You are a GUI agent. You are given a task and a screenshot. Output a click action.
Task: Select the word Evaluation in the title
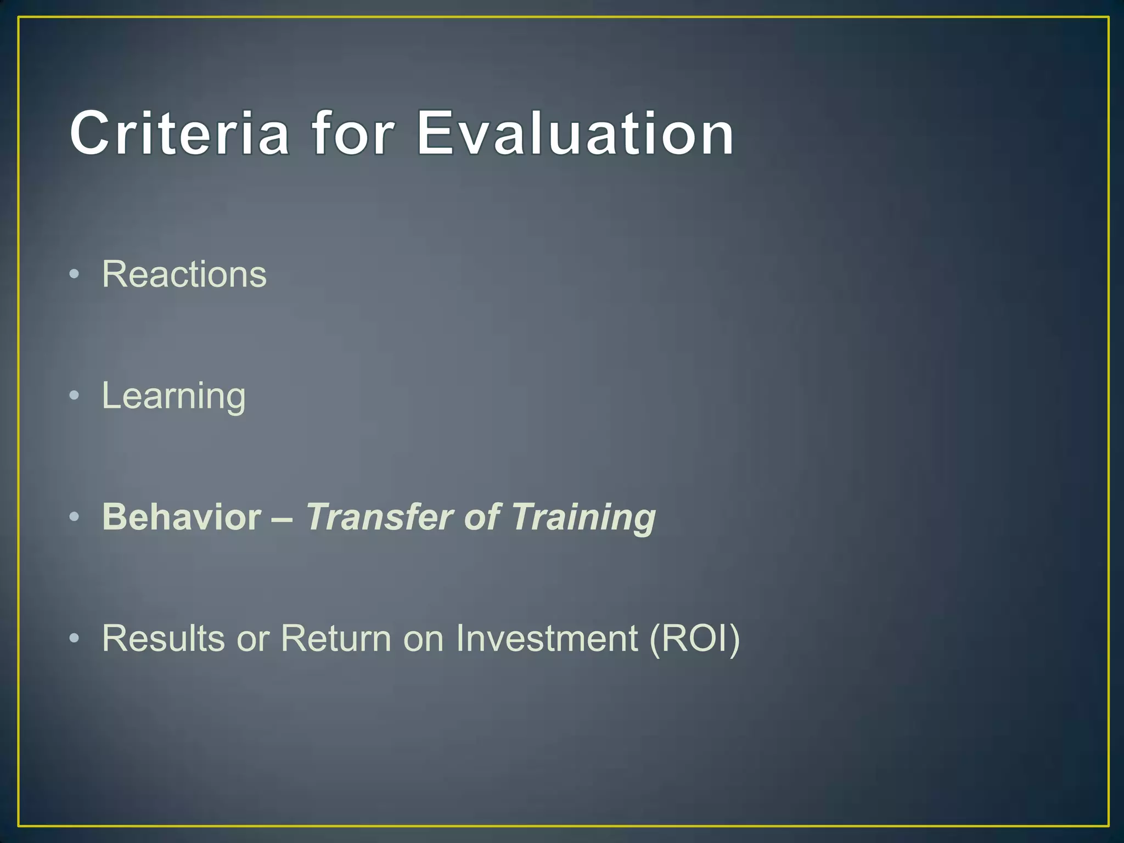(575, 133)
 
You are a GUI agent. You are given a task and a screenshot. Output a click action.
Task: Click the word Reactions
(184, 274)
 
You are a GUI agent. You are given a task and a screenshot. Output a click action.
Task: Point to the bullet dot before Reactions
(75, 274)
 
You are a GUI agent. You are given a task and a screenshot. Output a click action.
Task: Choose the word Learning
(173, 396)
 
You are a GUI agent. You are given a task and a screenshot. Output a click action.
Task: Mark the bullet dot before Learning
(75, 396)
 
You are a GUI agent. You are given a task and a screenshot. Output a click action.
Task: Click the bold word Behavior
(182, 517)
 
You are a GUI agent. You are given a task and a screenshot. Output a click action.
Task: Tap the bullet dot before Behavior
(75, 517)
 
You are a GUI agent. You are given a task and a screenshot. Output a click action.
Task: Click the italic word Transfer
(379, 517)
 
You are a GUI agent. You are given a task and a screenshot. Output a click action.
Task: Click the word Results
(164, 638)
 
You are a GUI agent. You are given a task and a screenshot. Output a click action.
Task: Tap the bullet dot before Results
(75, 638)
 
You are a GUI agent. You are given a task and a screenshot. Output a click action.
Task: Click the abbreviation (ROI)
(694, 638)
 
